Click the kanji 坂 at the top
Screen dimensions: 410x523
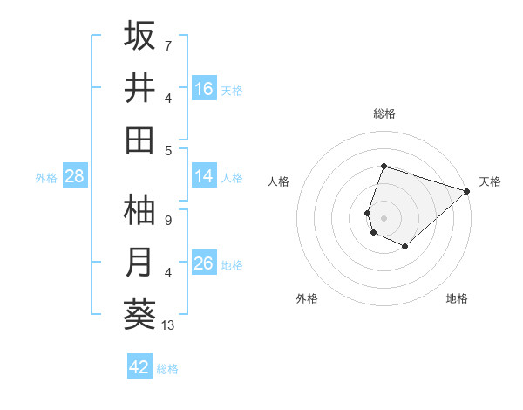140,36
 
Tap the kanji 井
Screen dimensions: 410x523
140,88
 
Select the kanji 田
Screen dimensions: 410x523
140,140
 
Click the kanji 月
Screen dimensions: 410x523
140,263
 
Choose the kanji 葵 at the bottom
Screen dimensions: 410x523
140,315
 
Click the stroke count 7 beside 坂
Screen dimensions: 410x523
168,45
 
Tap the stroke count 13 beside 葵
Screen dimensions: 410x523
169,325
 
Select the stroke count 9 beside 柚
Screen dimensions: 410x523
168,221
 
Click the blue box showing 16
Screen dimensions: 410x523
204,89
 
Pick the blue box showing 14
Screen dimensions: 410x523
204,176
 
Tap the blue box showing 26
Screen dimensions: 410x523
204,263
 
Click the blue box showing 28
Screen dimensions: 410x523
75,176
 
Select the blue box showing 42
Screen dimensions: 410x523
139,367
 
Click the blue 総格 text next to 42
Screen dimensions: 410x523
167,369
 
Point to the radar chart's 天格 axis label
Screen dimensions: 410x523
490,181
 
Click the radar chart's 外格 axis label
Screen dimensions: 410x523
307,298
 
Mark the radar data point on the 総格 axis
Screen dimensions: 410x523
384,167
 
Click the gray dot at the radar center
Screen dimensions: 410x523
384,217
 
